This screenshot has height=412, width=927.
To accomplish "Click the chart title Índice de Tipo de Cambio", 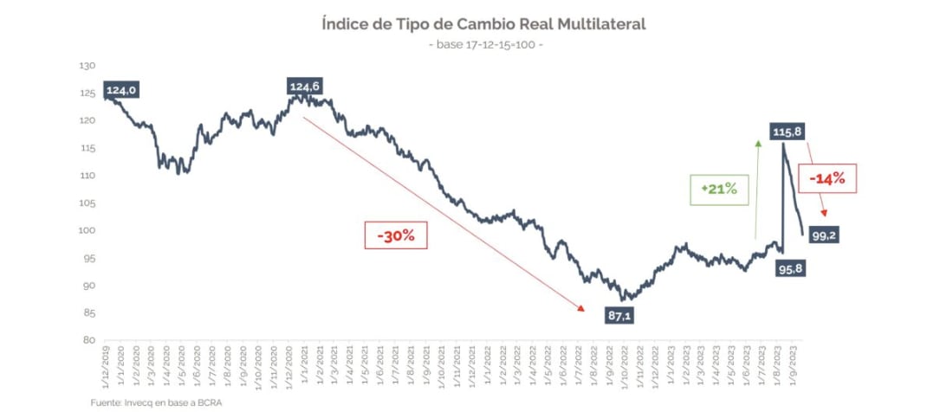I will tap(483, 24).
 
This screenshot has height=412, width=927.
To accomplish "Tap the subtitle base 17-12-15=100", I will tap(485, 44).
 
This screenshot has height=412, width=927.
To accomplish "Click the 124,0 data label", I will tap(121, 90).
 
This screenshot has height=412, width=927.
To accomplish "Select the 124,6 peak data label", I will tap(305, 86).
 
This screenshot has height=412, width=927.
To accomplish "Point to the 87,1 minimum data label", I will tap(619, 316).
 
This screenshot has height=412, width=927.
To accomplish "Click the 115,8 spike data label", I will tap(788, 132).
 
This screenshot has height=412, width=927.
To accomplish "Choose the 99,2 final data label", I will tap(822, 234).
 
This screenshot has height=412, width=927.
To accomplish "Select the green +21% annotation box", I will tap(719, 190).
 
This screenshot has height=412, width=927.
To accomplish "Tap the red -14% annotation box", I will tap(832, 179).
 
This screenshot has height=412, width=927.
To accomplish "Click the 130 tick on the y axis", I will tap(87, 66).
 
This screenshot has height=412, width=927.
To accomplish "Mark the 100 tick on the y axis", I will tap(87, 230).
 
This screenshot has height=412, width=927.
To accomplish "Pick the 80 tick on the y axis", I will tap(88, 340).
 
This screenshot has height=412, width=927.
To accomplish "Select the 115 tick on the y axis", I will tap(87, 148).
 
